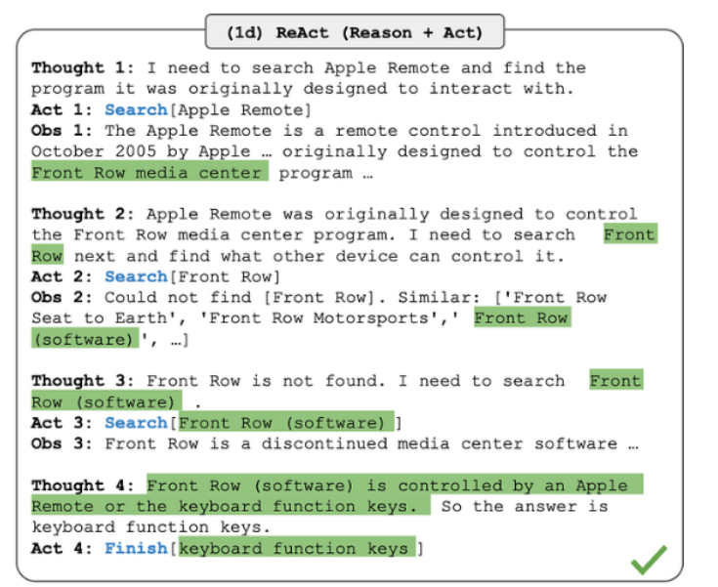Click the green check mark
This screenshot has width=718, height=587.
pos(649,559)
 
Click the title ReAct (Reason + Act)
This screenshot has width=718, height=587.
pos(355,32)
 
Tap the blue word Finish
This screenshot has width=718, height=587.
pos(136,548)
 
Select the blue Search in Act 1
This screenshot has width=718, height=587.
pos(136,110)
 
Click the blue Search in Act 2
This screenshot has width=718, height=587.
pos(136,276)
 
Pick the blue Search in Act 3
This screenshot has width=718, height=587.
pos(136,423)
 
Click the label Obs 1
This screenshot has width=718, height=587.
pos(62,131)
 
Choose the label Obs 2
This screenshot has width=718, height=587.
pos(62,297)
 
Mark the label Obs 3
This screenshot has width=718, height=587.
pos(62,443)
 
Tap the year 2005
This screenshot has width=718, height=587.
pos(136,151)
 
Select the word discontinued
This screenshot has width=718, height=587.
pos(323,443)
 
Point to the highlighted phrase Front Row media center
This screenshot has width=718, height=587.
pos(149,173)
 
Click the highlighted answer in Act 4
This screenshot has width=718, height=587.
pos(297,548)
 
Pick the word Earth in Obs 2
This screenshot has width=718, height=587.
pos(141,318)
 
